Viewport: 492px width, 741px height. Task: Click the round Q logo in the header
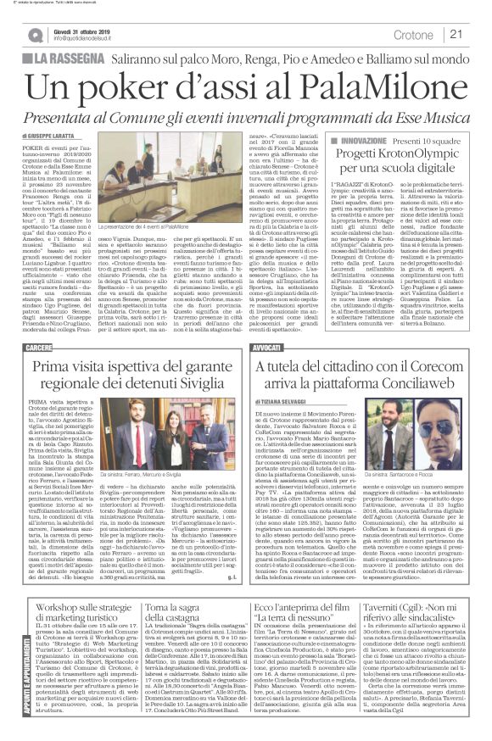click(x=34, y=35)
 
